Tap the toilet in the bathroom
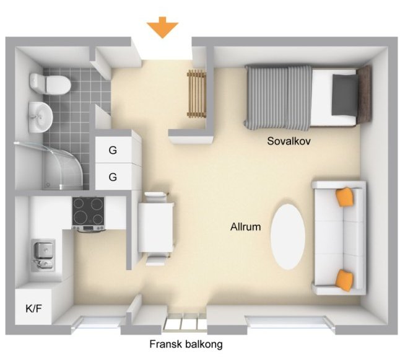(x=50, y=84)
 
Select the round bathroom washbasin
(x=40, y=117)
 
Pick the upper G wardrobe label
(x=113, y=150)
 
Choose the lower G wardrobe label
(x=113, y=177)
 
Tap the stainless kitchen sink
(x=43, y=255)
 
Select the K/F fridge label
(x=33, y=309)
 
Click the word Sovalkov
(x=289, y=141)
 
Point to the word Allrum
(x=245, y=227)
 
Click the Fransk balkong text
(x=186, y=344)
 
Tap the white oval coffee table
(x=288, y=237)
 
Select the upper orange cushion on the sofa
(x=346, y=196)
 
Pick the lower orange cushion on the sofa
(x=345, y=280)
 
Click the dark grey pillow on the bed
(x=344, y=95)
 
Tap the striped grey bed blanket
(x=278, y=97)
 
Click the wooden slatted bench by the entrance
(x=196, y=94)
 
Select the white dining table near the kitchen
(x=155, y=227)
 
